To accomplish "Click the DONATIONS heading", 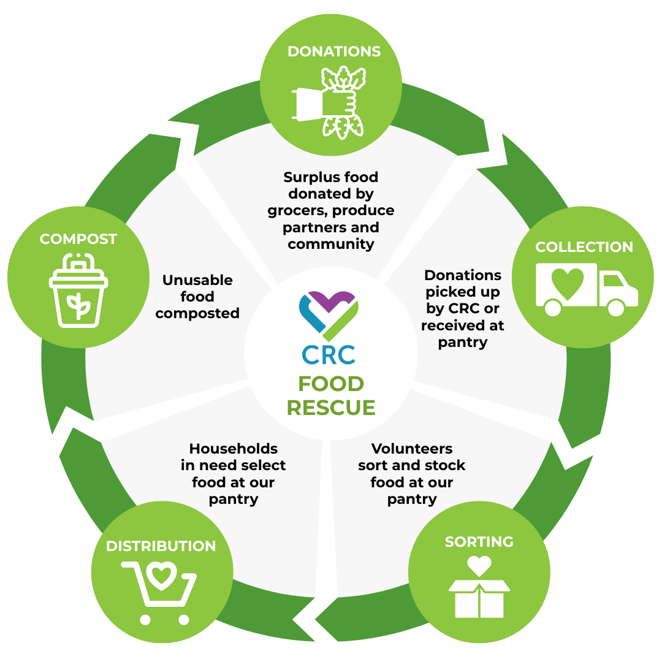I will click(x=334, y=51).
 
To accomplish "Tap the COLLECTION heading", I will click(x=584, y=247).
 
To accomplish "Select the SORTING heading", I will click(x=479, y=542).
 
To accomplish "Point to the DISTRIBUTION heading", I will click(x=161, y=546).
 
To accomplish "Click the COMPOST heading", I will click(x=78, y=239).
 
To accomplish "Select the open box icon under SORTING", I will click(x=479, y=598).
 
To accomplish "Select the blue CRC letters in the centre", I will click(x=329, y=354).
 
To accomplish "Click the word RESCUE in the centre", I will click(x=331, y=408).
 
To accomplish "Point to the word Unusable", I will click(x=197, y=280).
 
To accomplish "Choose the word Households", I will click(x=233, y=448).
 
